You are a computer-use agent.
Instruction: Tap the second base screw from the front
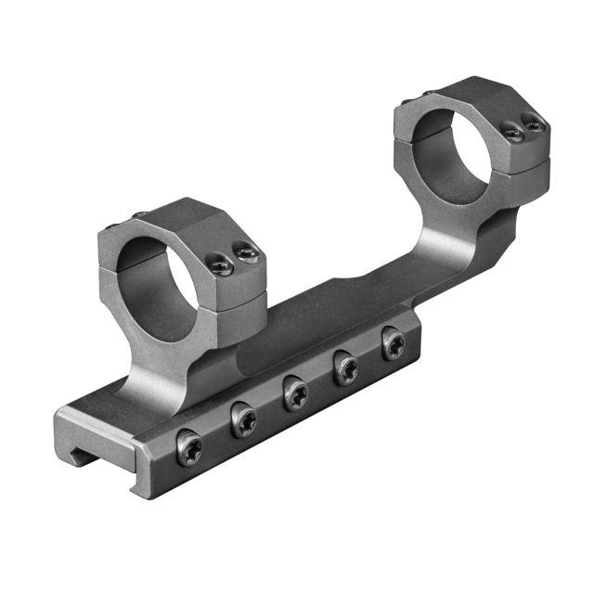click(244, 420)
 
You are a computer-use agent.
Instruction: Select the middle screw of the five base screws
click(296, 394)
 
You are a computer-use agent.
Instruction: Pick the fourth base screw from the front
click(346, 369)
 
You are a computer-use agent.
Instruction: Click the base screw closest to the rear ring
click(394, 346)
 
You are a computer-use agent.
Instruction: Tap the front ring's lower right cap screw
click(220, 266)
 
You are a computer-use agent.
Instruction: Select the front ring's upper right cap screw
click(245, 252)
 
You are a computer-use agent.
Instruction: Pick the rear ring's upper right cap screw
click(533, 123)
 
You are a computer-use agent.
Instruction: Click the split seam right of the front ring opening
click(237, 296)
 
